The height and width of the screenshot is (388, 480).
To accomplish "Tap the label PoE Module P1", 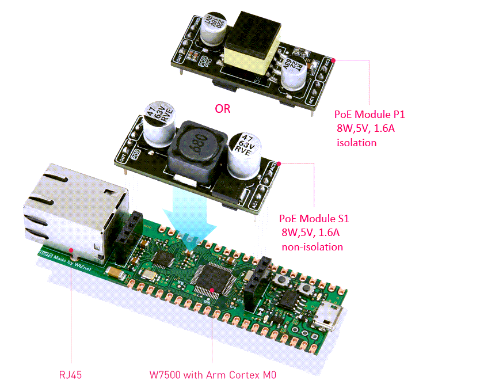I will click(x=371, y=114).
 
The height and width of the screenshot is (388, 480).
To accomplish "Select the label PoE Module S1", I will click(x=314, y=219).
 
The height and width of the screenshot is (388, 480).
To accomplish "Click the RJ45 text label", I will click(x=70, y=375).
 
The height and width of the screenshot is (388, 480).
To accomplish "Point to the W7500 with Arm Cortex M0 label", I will click(x=209, y=375).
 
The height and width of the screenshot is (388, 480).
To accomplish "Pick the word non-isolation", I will click(x=312, y=247).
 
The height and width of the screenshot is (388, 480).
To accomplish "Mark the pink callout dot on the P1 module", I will click(x=336, y=59).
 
